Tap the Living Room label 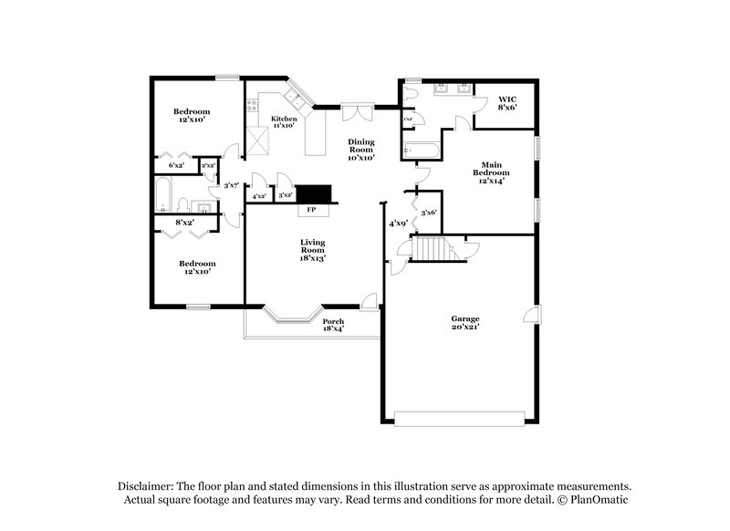point(313,250)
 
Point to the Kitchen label point(284,122)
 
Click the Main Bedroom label point(490,172)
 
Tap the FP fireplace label point(310,210)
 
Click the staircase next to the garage point(432,247)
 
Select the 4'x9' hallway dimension point(397,223)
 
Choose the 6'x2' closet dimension point(177,165)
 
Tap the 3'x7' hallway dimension point(231,185)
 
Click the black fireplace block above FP point(318,193)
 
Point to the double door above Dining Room point(358,112)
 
